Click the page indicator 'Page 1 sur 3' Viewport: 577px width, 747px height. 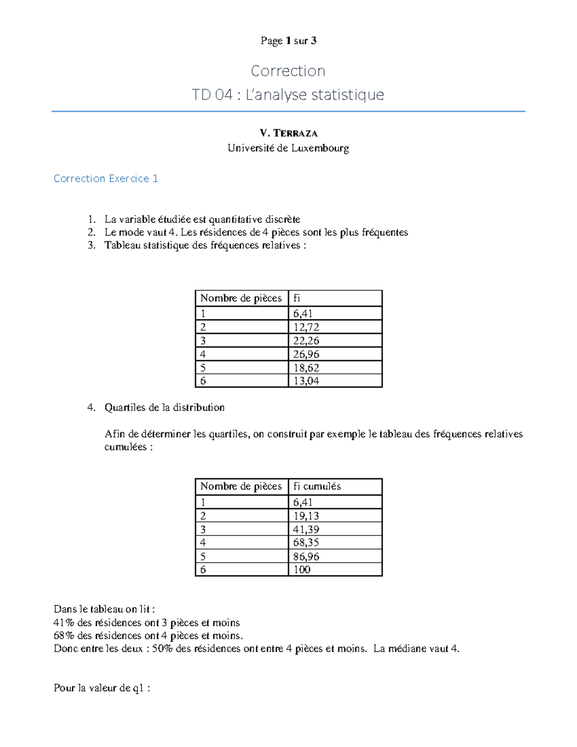[x=288, y=41]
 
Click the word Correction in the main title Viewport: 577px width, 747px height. [x=288, y=71]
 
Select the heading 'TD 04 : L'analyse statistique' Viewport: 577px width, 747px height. [x=288, y=95]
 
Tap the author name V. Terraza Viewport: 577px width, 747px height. [x=288, y=133]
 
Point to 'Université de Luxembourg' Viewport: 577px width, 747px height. [x=288, y=148]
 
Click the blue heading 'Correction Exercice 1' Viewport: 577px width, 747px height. [x=106, y=178]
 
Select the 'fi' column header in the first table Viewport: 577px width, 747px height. [x=297, y=298]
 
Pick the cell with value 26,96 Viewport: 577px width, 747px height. [x=306, y=355]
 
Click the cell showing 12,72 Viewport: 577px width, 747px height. [x=306, y=328]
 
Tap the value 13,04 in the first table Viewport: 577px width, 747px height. [x=306, y=381]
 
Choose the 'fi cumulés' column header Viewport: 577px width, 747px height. [x=317, y=486]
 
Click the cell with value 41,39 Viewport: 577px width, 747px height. [x=306, y=530]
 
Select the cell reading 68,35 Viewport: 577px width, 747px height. [x=306, y=543]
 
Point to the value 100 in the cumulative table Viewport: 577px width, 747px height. [x=302, y=570]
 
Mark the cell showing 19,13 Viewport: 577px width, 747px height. [x=306, y=516]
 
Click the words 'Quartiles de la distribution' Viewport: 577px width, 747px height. [x=164, y=407]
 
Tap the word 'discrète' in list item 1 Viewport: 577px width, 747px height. [x=283, y=219]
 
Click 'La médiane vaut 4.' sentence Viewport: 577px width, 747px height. [x=416, y=649]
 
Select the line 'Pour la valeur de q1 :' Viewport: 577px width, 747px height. [x=102, y=688]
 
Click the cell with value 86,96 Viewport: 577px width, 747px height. [x=306, y=557]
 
